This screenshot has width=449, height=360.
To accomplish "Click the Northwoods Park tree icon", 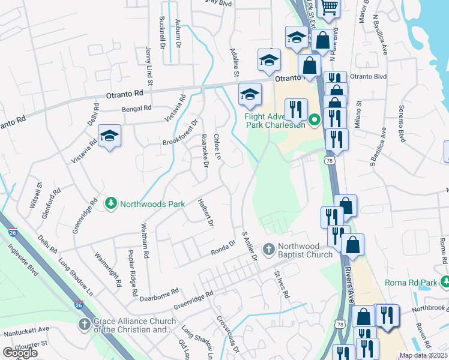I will click(x=110, y=204).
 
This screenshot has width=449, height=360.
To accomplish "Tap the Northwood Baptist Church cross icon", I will click(x=269, y=248).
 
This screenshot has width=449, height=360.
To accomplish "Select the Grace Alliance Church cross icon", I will click(x=85, y=325).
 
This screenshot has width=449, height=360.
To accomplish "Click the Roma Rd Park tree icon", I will click(x=445, y=282).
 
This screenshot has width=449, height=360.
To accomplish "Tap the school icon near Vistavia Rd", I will click(x=109, y=137).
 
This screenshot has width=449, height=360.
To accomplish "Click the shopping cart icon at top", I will click(x=329, y=8).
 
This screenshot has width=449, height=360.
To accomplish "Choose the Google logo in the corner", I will click(x=20, y=353).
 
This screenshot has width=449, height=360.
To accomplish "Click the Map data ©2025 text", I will click(x=423, y=355).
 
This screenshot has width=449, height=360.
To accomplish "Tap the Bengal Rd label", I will click(x=136, y=109).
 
